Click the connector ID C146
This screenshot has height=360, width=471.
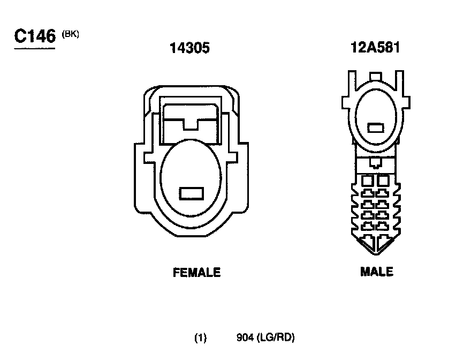pyautogui.click(x=35, y=36)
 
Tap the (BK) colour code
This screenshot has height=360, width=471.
pyautogui.click(x=70, y=34)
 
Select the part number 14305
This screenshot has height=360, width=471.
pyautogui.click(x=189, y=48)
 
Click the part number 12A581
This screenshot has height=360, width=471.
pyautogui.click(x=375, y=48)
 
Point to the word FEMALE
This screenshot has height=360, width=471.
pyautogui.click(x=197, y=273)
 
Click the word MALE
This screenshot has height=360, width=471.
pyautogui.click(x=377, y=272)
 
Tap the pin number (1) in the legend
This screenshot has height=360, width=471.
pyautogui.click(x=200, y=337)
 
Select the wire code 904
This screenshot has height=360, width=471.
pyautogui.click(x=245, y=337)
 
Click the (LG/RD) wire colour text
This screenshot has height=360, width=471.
pyautogui.click(x=276, y=337)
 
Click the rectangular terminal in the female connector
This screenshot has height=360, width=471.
pyautogui.click(x=192, y=193)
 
